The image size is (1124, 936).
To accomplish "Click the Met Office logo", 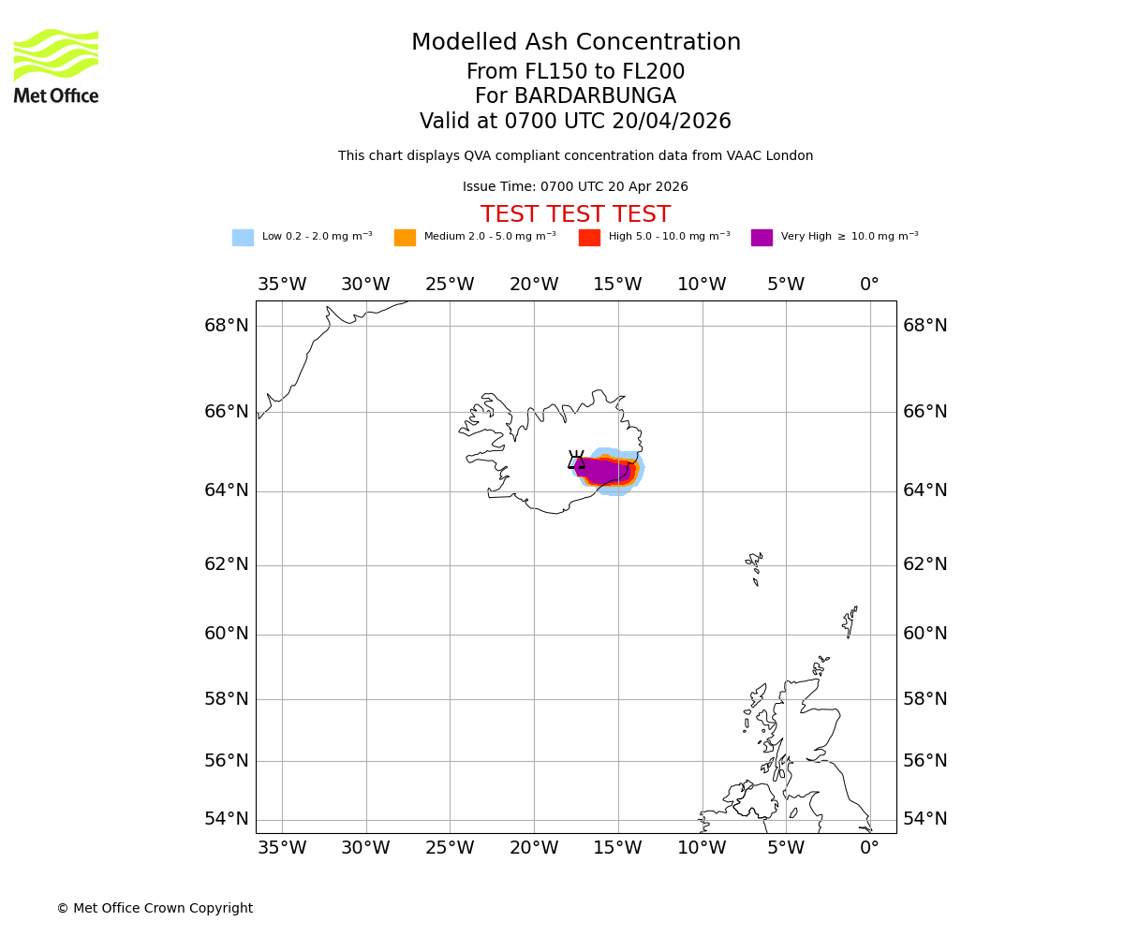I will [x=56, y=66].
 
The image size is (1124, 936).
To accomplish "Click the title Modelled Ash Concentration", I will [x=576, y=43].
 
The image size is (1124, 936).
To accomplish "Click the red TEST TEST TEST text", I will [x=575, y=215].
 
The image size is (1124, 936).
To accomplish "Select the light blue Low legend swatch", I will [x=243, y=238].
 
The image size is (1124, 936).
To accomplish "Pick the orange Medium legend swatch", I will [x=405, y=238].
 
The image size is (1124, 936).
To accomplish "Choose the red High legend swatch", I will [x=589, y=238].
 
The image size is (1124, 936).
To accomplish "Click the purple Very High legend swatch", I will [x=762, y=238].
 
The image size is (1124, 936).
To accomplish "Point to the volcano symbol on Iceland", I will [x=576, y=460].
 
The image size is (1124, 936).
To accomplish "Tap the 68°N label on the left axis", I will [x=227, y=326].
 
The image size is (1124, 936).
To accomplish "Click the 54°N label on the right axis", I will [x=924, y=819].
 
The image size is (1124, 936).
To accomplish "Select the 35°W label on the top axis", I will [x=282, y=285].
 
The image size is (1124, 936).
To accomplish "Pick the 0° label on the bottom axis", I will [x=869, y=848].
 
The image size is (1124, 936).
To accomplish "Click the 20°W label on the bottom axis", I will [x=534, y=848].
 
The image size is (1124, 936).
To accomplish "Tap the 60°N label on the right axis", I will [x=924, y=634].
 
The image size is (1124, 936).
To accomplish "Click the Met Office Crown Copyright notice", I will [x=155, y=908].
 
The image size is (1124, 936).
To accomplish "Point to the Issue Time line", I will [x=575, y=187].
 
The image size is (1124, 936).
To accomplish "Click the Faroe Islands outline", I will [x=754, y=565].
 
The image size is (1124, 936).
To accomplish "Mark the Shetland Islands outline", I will [x=850, y=620].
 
